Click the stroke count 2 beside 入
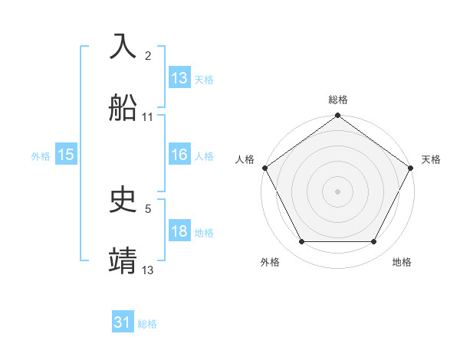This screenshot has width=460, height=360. pyautogui.click(x=148, y=56)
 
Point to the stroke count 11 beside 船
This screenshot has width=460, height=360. pyautogui.click(x=148, y=117)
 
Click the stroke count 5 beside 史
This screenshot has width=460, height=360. pyautogui.click(x=148, y=208)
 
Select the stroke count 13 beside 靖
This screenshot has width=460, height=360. pyautogui.click(x=148, y=269)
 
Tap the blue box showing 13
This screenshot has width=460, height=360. pyautogui.click(x=179, y=78)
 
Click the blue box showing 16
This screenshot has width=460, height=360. pyautogui.click(x=179, y=155)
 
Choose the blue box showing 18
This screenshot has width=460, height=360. pyautogui.click(x=179, y=231)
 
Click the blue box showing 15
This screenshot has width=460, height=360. pyautogui.click(x=66, y=155)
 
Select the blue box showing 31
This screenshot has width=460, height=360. pyautogui.click(x=123, y=323)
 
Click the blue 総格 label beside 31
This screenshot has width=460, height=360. pyautogui.click(x=147, y=324)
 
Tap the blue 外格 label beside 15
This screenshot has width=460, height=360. pyautogui.click(x=41, y=155)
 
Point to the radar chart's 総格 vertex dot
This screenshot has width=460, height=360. pyautogui.click(x=337, y=116)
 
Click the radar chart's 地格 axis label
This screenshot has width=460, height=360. pyautogui.click(x=402, y=262)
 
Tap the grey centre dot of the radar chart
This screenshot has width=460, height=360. pyautogui.click(x=337, y=191)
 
